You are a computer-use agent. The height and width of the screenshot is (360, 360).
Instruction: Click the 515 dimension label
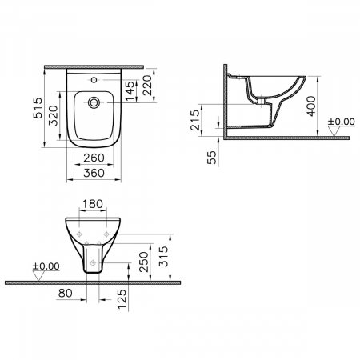[x=38, y=108]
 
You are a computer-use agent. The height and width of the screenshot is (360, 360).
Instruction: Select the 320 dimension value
[x=54, y=115]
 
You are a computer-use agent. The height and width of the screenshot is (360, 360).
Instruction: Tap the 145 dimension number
[x=130, y=91]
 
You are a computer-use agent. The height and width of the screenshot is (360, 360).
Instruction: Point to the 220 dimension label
[x=147, y=85]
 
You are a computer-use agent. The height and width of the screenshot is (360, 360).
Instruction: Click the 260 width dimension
[x=94, y=158]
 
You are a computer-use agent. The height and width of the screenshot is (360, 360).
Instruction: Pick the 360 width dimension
[x=94, y=173]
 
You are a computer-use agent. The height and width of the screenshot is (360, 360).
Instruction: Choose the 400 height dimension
[x=311, y=106]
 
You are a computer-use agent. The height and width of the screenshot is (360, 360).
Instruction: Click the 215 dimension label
[x=195, y=120]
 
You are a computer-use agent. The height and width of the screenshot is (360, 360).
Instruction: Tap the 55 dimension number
[x=211, y=158]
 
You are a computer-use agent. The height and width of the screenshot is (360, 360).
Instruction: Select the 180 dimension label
[x=93, y=204]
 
